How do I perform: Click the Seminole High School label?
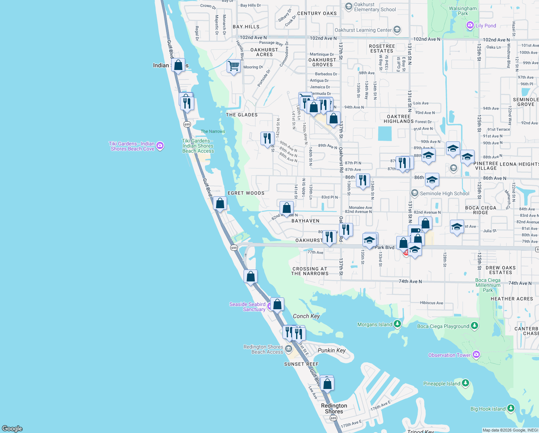[444, 193]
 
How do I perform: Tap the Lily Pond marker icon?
[470, 25]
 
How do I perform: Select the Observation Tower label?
[449, 355]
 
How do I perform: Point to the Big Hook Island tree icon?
[511, 408]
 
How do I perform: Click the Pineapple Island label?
[441, 384]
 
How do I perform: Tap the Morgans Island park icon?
[397, 324]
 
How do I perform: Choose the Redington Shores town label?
[334, 408]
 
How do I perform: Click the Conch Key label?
[306, 316]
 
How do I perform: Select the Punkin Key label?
[331, 350]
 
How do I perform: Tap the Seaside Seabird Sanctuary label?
[248, 307]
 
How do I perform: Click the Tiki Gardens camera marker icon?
[160, 146]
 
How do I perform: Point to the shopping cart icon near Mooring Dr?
[233, 66]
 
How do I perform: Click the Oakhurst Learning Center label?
[363, 30]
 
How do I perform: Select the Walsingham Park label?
[463, 11]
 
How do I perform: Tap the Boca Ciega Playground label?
[443, 326]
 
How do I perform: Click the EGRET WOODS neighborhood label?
[246, 193]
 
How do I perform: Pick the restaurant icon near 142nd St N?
[267, 138]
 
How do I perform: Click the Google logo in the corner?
[12, 428]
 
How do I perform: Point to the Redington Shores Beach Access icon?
[288, 349]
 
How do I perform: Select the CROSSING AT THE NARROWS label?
[310, 271]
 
